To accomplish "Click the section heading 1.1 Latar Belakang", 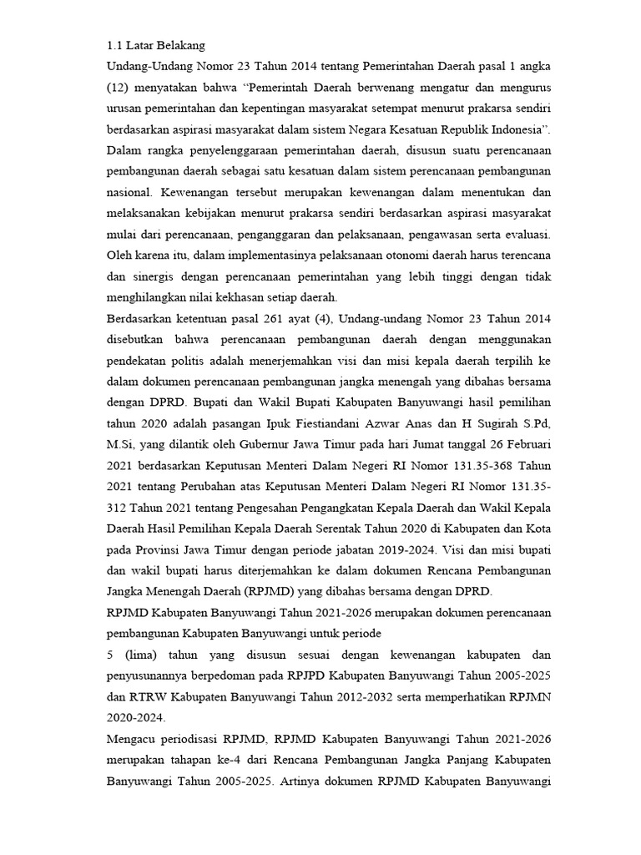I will coord(157,43).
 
